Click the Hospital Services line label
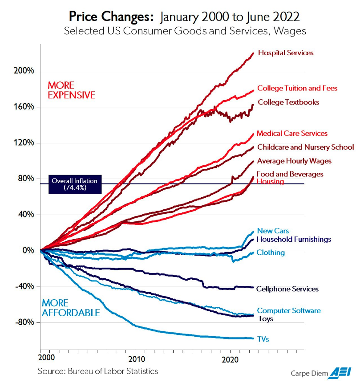click(x=285, y=53)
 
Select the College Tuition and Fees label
click(x=297, y=89)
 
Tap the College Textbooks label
click(x=288, y=102)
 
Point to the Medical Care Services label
click(x=292, y=134)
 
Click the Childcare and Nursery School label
click(x=305, y=147)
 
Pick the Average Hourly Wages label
click(x=294, y=161)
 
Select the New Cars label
click(x=273, y=231)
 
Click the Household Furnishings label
click(x=294, y=240)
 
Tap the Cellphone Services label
click(x=287, y=289)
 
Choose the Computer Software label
click(x=289, y=311)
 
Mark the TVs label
click(x=263, y=339)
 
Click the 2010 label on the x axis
click(x=137, y=359)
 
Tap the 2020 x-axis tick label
click(x=230, y=359)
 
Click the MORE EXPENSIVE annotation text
click(x=71, y=90)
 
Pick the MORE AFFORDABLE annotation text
click(x=71, y=308)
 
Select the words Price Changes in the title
click(x=111, y=17)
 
